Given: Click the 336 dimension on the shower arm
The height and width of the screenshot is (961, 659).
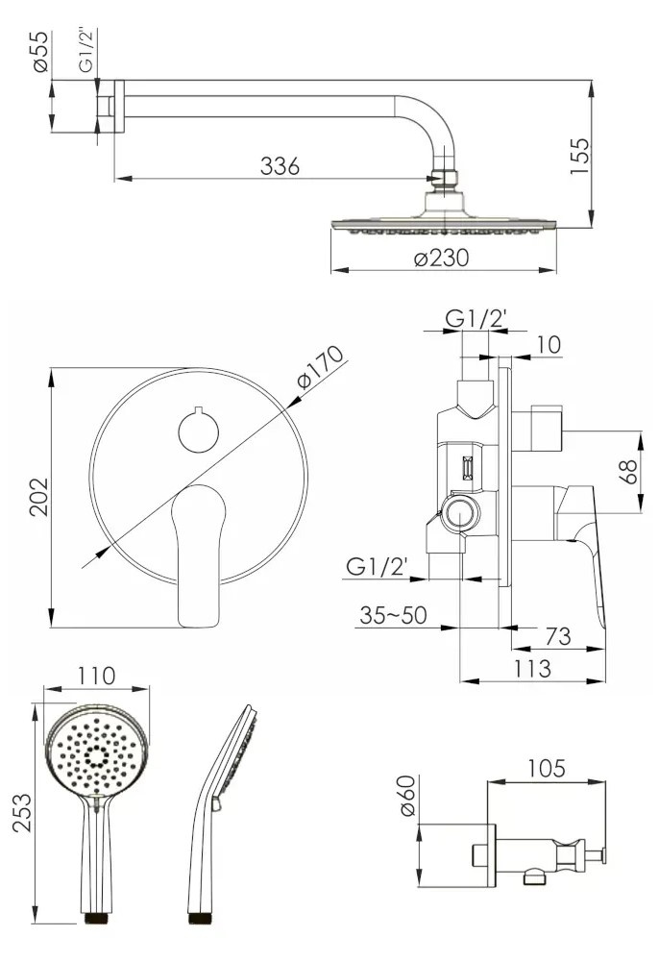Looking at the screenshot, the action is pyautogui.click(x=280, y=166).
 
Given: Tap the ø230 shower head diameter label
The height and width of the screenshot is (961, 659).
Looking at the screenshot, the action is pyautogui.click(x=441, y=258).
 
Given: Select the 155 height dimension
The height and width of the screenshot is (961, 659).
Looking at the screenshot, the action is pyautogui.click(x=579, y=157).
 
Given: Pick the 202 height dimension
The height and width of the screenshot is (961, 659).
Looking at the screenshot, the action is pyautogui.click(x=38, y=497).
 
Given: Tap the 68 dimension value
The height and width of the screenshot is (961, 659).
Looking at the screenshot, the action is pyautogui.click(x=628, y=472).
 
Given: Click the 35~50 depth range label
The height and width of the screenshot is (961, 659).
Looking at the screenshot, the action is pyautogui.click(x=393, y=615).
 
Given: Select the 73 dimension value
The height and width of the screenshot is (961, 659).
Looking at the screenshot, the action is pyautogui.click(x=557, y=636).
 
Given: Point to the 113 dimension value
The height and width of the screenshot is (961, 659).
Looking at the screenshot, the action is pyautogui.click(x=531, y=668).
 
